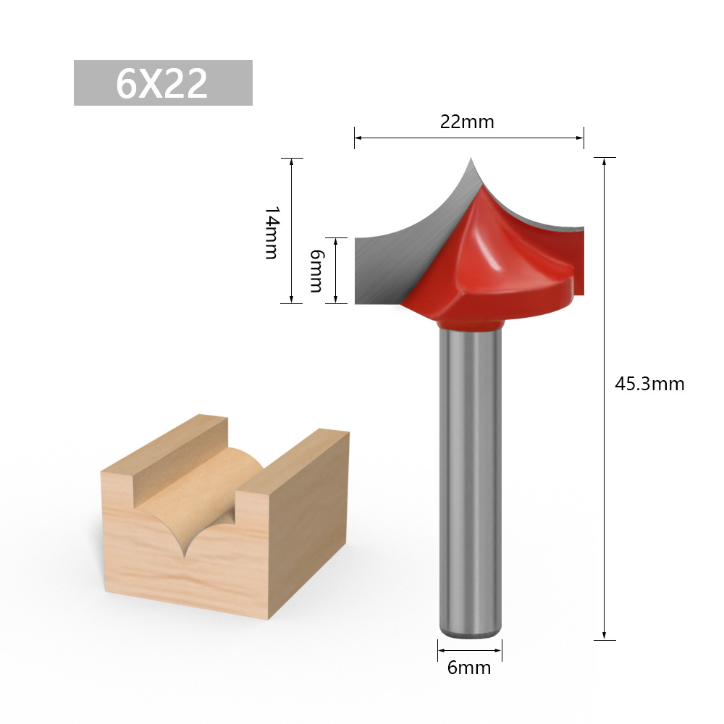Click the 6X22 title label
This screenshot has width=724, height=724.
(x=163, y=83)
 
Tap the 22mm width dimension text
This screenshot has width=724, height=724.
(x=467, y=122)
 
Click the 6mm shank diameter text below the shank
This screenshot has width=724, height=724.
(x=469, y=668)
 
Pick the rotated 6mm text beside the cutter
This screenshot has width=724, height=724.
(x=316, y=270)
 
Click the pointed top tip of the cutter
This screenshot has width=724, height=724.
(x=471, y=159)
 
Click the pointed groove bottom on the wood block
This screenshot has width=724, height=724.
(x=186, y=553)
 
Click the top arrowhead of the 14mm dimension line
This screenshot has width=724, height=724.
(x=292, y=161)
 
